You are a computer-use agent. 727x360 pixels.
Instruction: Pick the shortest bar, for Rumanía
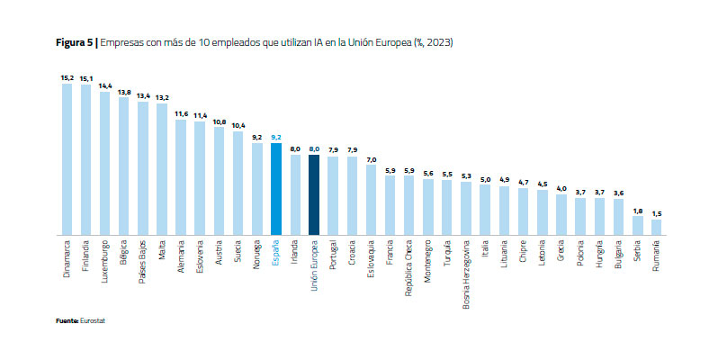657,228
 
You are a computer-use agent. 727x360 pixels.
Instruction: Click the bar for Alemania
181,177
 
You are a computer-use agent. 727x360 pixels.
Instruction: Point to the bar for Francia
390,205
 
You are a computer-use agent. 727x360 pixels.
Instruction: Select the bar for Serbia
638,226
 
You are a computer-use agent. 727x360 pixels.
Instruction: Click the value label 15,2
67,78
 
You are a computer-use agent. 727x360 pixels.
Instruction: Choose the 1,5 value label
657,213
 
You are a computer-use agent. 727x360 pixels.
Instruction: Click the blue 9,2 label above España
276,137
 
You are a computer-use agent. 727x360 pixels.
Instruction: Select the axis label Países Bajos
143,261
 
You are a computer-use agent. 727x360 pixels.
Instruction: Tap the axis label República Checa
409,267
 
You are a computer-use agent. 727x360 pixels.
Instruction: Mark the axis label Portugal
334,256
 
